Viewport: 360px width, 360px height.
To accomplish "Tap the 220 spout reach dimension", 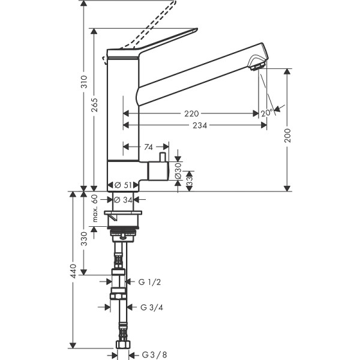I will [x=192, y=113].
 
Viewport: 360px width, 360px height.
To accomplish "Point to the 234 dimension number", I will [x=200, y=126].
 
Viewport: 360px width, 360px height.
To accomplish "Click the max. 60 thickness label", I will [x=95, y=208].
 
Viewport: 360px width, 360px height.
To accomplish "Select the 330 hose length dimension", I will [x=85, y=238].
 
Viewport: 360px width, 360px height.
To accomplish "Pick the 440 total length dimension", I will [x=73, y=271].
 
